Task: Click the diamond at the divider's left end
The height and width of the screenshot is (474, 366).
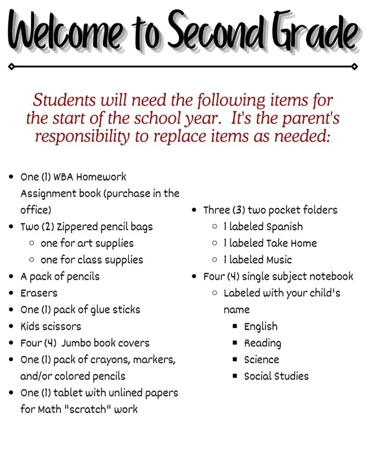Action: (x=11, y=67)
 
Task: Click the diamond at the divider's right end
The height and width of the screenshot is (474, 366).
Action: (x=354, y=67)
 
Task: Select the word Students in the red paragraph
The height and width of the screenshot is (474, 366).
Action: (x=65, y=100)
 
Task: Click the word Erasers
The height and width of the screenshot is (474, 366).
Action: (x=39, y=293)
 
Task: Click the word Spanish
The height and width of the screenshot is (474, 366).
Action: (x=285, y=227)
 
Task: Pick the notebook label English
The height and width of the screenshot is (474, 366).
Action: (x=261, y=327)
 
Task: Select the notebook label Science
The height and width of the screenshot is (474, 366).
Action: (x=261, y=360)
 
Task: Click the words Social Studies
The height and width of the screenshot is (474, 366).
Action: (x=276, y=376)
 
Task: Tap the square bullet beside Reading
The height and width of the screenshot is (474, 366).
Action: (x=235, y=343)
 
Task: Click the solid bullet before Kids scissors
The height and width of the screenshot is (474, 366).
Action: (x=11, y=326)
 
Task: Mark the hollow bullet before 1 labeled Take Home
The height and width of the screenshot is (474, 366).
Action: (x=215, y=243)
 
